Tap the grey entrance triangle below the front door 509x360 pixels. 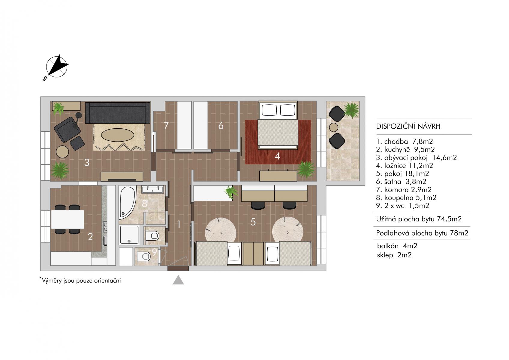click(x=178, y=280)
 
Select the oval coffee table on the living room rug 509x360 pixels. click(x=117, y=136)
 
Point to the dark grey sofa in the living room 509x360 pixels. click(x=118, y=113)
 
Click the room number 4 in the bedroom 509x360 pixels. click(x=277, y=156)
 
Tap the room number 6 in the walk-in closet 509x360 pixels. click(x=221, y=126)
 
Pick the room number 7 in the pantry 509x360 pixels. click(x=166, y=126)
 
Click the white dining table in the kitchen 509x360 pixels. click(x=67, y=219)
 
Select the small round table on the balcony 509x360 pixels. click(x=333, y=127)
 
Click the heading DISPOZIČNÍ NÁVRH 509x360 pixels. click(x=408, y=126)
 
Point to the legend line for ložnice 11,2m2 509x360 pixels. click(x=405, y=166)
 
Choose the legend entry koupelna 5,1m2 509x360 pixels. click(x=406, y=198)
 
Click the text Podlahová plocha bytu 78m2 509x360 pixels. click(x=422, y=233)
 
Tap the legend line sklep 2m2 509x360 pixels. click(x=394, y=255)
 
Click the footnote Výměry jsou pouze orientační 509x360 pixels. click(x=80, y=280)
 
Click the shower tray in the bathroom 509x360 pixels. click(x=129, y=235)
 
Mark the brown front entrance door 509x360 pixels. click(x=178, y=268)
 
